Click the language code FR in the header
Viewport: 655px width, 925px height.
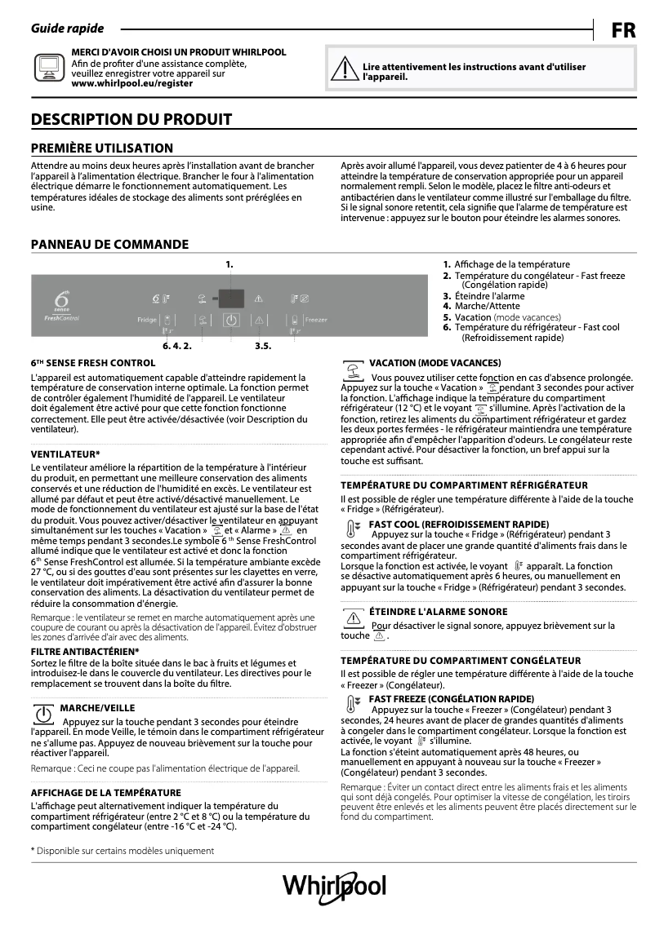click(623, 31)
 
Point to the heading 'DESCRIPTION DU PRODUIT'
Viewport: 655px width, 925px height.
click(131, 120)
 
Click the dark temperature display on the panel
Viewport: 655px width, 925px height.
click(231, 298)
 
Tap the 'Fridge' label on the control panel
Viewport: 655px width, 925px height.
click(147, 321)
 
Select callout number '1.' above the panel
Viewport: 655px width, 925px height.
click(229, 264)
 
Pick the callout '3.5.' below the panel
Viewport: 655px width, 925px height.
click(262, 346)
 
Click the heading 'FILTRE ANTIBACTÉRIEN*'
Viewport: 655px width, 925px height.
click(85, 652)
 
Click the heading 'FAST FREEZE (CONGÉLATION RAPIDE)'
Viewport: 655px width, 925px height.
click(451, 699)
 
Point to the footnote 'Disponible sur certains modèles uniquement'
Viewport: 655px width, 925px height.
click(123, 851)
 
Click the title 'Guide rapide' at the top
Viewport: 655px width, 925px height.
click(67, 29)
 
